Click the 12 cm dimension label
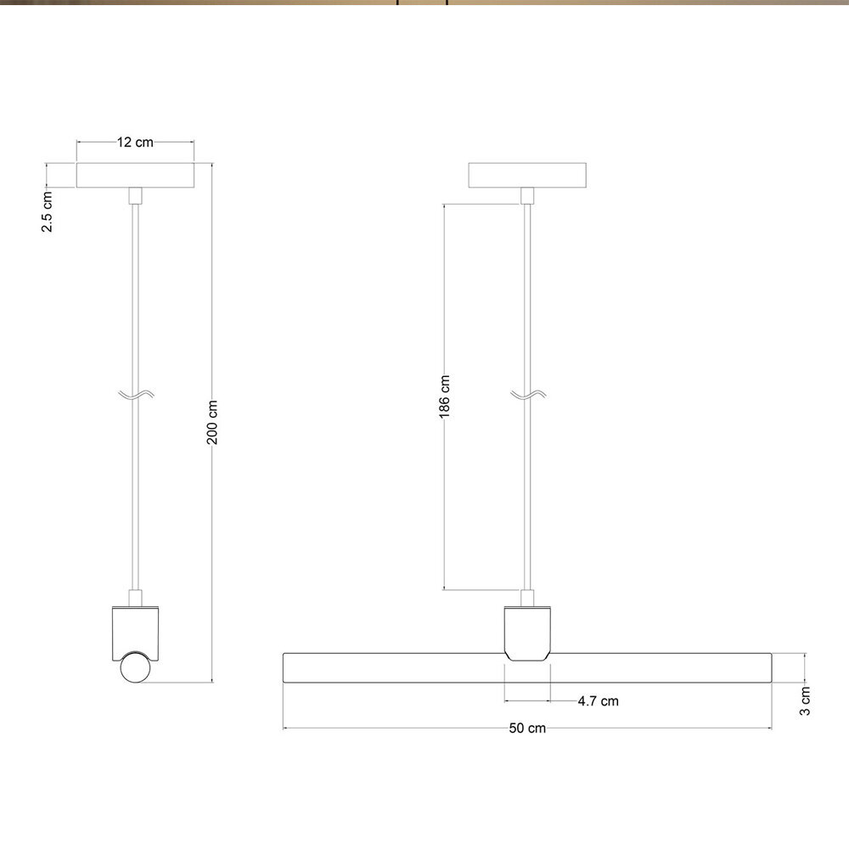135,143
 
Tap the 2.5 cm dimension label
48,212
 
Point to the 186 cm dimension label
445,396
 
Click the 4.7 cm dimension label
598,701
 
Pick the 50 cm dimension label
527,728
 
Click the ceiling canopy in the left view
135,175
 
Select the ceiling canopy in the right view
527,175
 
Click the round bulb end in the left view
134,667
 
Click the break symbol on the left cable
135,395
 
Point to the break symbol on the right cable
527,395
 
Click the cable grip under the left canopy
134,196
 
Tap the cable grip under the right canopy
527,196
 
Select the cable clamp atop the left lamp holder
134,598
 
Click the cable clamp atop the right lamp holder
527,598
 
